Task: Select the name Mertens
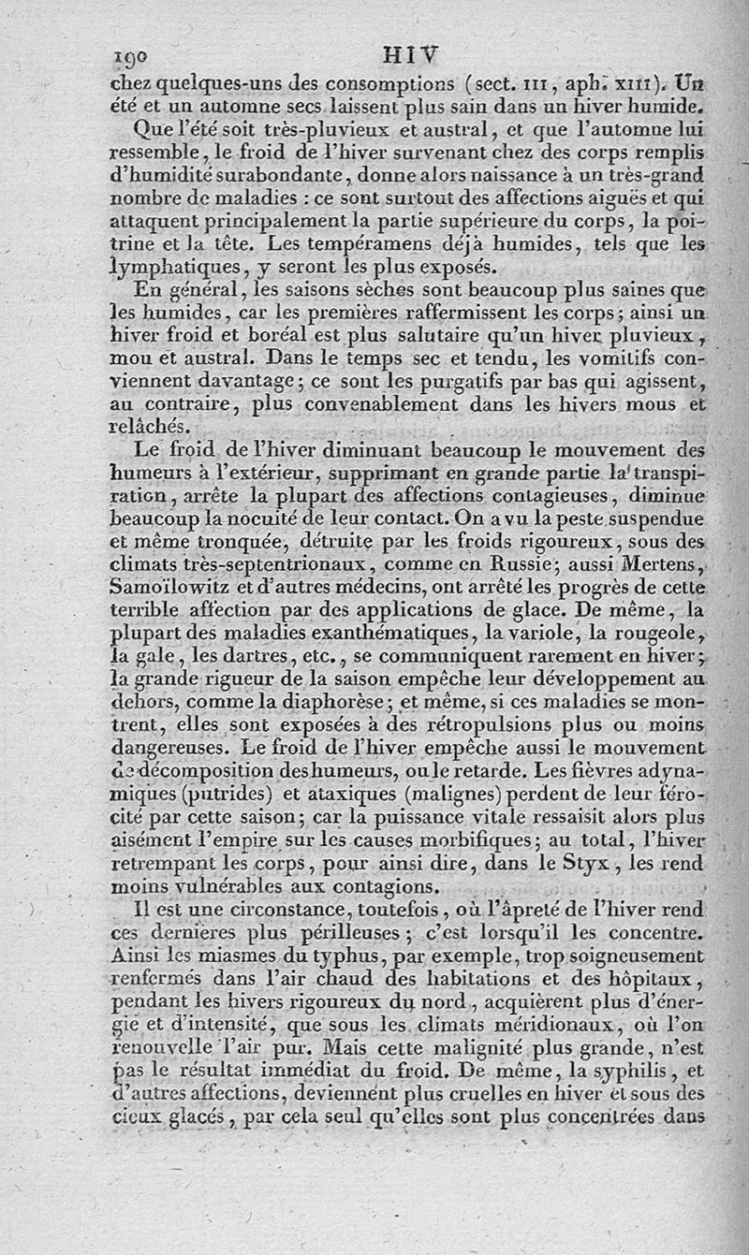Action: [x=658, y=564]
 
